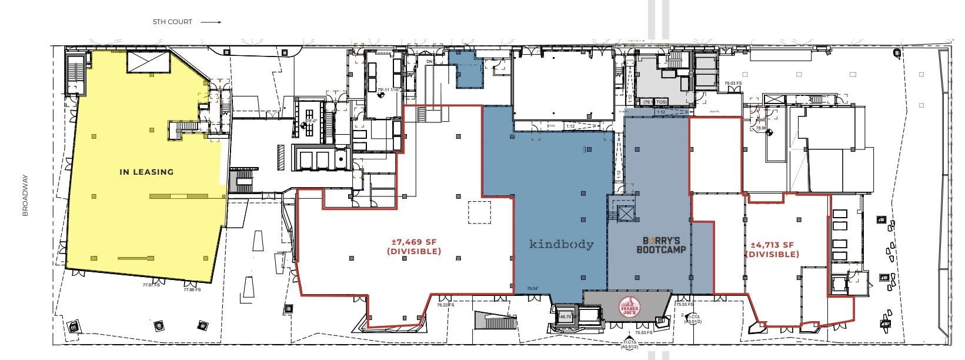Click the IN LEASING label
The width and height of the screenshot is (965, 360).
(146, 172)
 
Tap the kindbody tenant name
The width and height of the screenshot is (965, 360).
(561, 244)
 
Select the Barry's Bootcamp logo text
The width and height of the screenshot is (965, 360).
(661, 245)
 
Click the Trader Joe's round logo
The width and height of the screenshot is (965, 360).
(629, 308)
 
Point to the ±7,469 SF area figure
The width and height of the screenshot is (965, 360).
(414, 242)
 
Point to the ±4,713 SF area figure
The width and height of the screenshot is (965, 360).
(772, 245)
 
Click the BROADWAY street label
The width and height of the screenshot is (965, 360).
(25, 195)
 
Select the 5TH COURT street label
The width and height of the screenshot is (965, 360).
(172, 22)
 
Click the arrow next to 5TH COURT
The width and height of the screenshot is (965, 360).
(211, 22)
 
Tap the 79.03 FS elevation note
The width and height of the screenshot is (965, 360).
(733, 84)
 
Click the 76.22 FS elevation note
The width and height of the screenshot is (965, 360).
(445, 305)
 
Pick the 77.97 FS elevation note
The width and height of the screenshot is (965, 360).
(151, 285)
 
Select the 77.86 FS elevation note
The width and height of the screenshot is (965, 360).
(192, 289)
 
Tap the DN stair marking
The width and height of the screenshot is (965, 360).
(429, 61)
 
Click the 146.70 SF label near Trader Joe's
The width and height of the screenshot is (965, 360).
(564, 316)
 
